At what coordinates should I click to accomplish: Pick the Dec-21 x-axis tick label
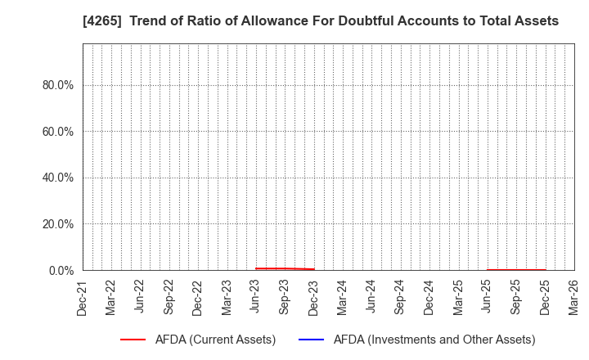pos(83,298)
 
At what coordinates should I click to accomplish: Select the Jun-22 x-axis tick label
pos(140,298)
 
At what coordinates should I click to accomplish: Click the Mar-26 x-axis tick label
pos(574,298)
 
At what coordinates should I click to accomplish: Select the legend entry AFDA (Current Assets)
pos(214,339)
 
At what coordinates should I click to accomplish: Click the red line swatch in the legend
pos(132,339)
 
